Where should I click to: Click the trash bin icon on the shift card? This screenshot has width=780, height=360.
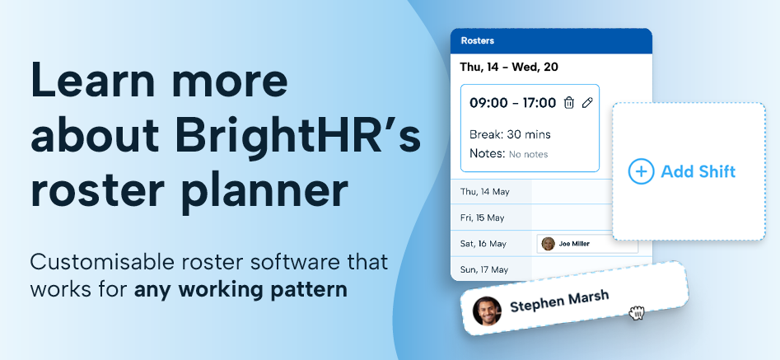click(x=568, y=103)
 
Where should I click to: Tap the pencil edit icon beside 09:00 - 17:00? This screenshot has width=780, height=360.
click(x=587, y=103)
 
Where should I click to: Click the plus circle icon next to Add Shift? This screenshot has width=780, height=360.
click(x=641, y=171)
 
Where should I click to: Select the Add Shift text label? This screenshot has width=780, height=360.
click(x=698, y=171)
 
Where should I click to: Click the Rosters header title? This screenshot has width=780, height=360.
click(x=478, y=40)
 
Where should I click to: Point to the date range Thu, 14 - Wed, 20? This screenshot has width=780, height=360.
click(x=509, y=67)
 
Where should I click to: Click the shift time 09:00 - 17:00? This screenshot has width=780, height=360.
click(x=513, y=103)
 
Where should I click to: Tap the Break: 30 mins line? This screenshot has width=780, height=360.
click(x=510, y=134)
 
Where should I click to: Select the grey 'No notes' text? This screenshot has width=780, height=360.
click(x=528, y=155)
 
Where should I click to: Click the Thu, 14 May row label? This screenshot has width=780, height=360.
click(x=484, y=192)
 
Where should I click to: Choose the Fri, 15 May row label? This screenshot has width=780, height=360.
click(x=482, y=217)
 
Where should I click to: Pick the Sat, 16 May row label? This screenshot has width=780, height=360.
click(x=483, y=244)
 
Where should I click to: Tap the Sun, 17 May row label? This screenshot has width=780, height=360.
click(x=484, y=270)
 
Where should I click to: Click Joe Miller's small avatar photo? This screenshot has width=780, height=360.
click(x=549, y=244)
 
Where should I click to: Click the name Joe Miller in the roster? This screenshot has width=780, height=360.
click(x=574, y=244)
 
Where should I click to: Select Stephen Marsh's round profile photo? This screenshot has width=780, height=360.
click(x=487, y=311)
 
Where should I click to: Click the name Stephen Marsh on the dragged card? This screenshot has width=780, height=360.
click(x=559, y=302)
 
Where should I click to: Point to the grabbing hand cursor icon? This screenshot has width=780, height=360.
click(x=636, y=313)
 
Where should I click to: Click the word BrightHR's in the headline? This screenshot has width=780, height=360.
click(x=298, y=136)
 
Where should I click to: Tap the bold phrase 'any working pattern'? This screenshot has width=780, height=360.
click(x=241, y=289)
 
